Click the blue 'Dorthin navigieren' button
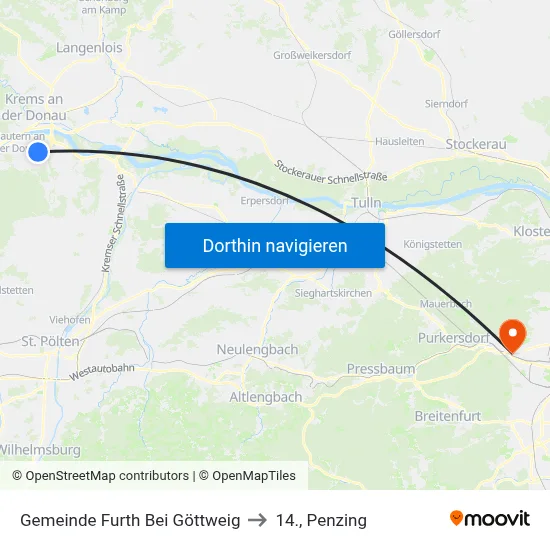click(275, 245)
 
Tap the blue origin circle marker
click(38, 152)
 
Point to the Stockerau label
click(476, 144)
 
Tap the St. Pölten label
click(50, 342)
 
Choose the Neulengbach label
click(257, 350)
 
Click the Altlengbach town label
click(266, 397)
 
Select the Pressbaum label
click(380, 369)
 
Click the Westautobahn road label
click(102, 371)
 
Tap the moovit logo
click(490, 519)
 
